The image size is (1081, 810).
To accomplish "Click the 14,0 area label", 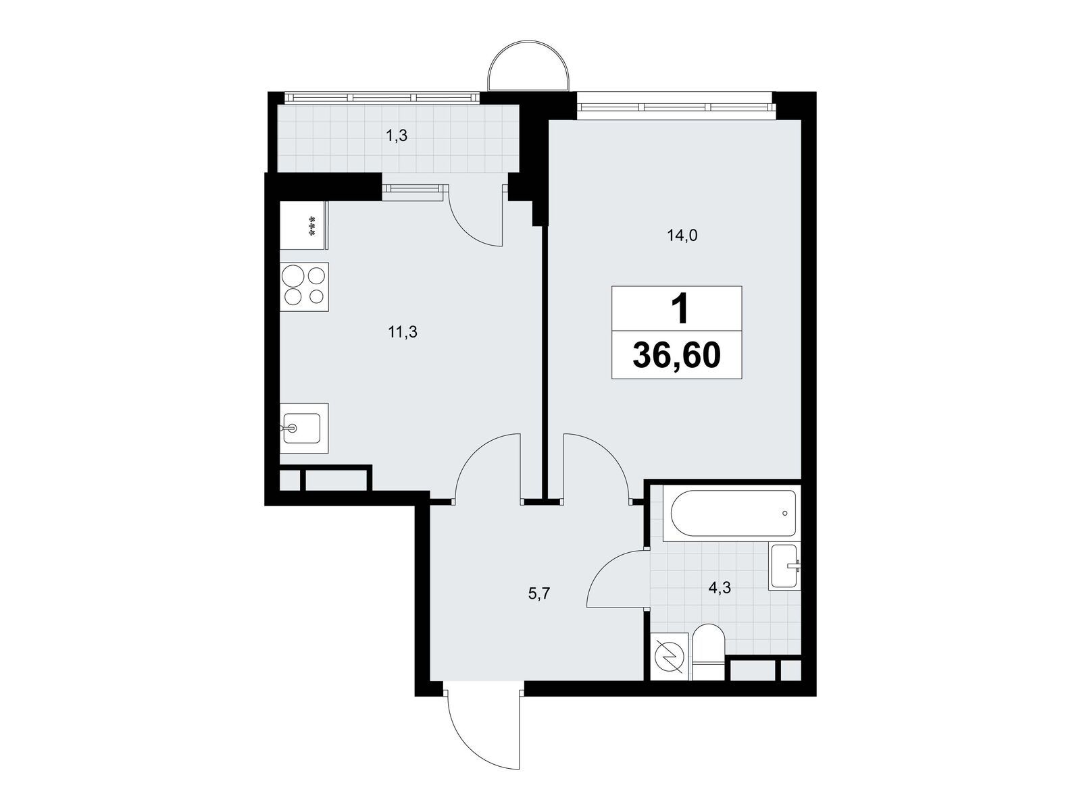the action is click(x=682, y=236).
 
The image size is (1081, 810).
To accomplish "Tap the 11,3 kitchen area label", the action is click(x=403, y=333).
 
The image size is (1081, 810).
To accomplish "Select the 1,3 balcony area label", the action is click(x=397, y=136).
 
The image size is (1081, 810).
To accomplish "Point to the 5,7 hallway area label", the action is click(x=538, y=594).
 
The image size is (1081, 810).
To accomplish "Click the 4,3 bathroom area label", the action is click(x=720, y=587).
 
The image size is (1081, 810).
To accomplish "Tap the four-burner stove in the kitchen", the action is click(x=304, y=287).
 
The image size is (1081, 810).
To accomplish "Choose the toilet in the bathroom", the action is click(x=708, y=652).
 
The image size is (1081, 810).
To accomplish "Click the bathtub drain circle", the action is click(x=784, y=514).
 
